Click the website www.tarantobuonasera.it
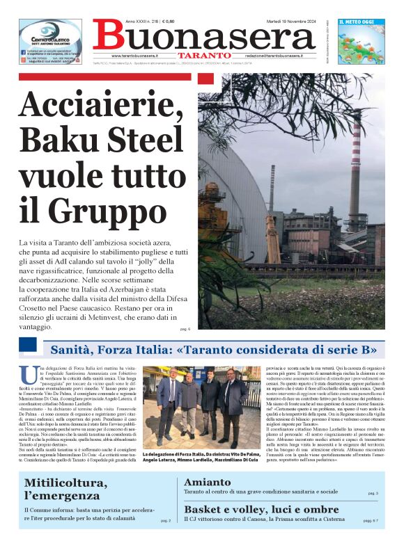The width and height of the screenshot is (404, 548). pos(135,55)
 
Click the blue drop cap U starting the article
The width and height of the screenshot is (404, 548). pos(26,373)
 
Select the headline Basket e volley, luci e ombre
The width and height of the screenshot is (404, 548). pos(261,509)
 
